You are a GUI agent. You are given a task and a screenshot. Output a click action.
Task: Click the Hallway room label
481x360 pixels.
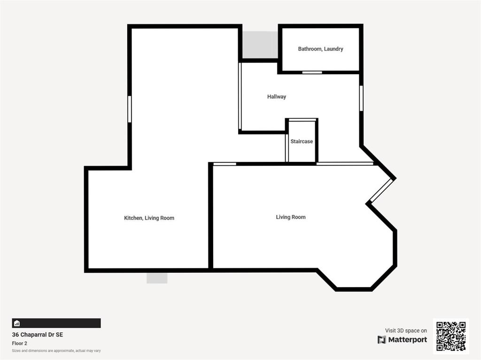coord(276,97)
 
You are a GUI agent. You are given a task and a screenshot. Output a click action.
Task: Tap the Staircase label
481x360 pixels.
coord(302,141)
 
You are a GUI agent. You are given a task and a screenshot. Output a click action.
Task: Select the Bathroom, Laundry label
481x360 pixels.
coord(320,49)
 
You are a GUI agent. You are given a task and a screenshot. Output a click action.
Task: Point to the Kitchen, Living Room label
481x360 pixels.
coord(149,218)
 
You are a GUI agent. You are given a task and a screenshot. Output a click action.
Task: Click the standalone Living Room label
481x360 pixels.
coord(290,217)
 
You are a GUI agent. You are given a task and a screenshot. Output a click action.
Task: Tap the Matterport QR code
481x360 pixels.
coord(451,336)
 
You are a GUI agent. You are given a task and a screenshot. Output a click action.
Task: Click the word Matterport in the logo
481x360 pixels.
coord(407,340)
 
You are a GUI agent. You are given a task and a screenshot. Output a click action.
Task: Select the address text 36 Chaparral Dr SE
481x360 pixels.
coord(38,335)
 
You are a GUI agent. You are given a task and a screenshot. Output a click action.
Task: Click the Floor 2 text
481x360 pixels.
coord(20,344)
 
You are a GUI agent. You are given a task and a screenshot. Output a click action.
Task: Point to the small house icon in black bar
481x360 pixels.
coord(17,323)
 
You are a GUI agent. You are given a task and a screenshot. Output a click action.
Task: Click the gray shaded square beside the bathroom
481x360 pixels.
coord(260,45)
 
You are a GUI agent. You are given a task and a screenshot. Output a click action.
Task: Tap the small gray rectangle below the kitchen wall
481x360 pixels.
coord(157,278)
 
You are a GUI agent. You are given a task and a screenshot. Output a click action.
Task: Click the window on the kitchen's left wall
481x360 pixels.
coord(130,109)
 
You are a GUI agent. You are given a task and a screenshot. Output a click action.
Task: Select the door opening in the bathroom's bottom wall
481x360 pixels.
coord(312,72)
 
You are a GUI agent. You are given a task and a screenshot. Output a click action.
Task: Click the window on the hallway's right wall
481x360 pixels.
coord(361,98)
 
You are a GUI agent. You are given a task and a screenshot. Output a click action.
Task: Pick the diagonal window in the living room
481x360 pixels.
coord(381,190)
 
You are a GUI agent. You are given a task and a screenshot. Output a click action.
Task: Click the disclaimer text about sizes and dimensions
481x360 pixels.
coord(56,351)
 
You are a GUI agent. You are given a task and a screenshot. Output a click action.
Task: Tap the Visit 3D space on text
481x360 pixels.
coord(406,330)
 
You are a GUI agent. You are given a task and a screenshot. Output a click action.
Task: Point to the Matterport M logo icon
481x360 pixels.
coord(381,340)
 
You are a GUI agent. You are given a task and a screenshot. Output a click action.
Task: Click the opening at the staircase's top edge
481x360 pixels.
coord(303,120)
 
